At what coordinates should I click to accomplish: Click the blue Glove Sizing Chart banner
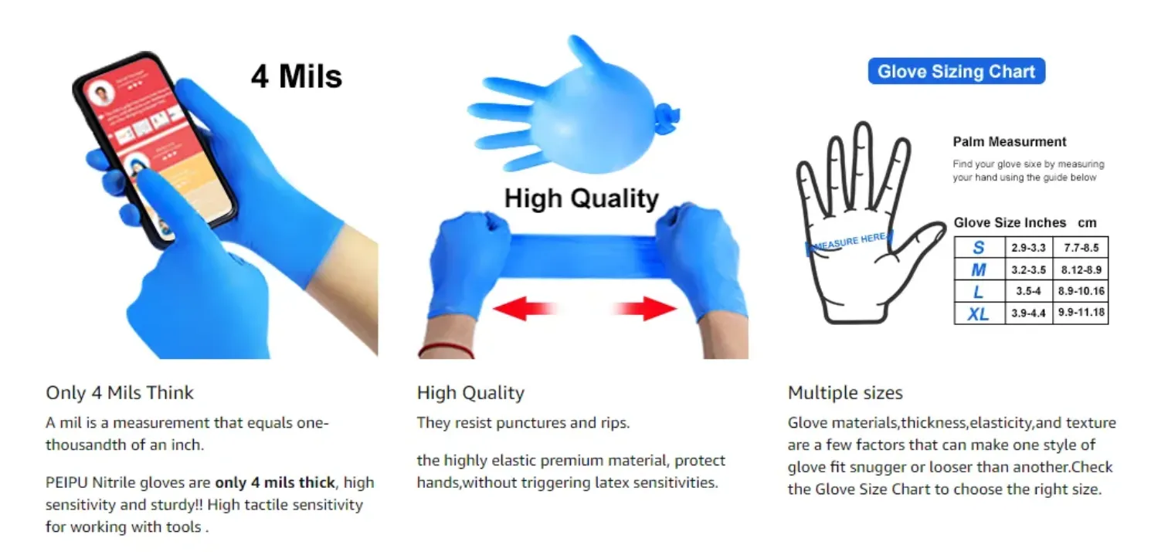[x=956, y=71]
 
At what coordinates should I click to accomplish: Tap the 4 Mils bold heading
[x=297, y=76]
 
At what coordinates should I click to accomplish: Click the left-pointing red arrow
[x=525, y=308]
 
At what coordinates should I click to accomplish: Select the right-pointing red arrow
[x=644, y=308]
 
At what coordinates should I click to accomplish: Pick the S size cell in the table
[x=979, y=248]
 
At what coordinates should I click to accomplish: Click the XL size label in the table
[x=978, y=313]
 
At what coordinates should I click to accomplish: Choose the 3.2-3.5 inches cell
[x=1029, y=269]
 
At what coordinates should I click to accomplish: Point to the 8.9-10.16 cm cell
[x=1081, y=291]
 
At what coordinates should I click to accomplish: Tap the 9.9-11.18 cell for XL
[x=1081, y=313]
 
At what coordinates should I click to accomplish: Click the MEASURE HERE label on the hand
[x=850, y=242]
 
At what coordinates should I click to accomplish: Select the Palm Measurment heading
[x=1009, y=142]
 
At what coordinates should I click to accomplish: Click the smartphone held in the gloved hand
[x=154, y=148]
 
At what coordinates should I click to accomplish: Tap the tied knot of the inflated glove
[x=667, y=117]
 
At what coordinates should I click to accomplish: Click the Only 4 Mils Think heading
[x=120, y=393]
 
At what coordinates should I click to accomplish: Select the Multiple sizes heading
[x=845, y=393]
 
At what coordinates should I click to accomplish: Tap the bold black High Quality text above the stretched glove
[x=581, y=198]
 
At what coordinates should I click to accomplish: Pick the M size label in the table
[x=978, y=269]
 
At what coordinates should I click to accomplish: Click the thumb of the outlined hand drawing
[x=920, y=242]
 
